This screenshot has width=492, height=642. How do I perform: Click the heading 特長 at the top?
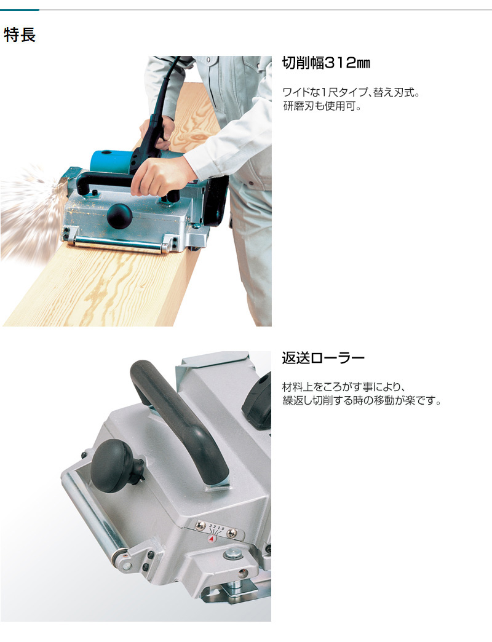pyautogui.click(x=20, y=35)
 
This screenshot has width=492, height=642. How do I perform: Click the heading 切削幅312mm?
pyautogui.click(x=326, y=63)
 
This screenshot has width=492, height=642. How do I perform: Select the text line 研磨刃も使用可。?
pyautogui.click(x=322, y=106)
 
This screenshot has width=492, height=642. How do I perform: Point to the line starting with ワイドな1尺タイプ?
pyautogui.click(x=351, y=92)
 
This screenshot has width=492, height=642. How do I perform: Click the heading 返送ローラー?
pyautogui.click(x=323, y=358)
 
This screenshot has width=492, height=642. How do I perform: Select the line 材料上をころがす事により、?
pyautogui.click(x=344, y=387)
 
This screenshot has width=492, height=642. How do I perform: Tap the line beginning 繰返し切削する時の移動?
pyautogui.click(x=362, y=400)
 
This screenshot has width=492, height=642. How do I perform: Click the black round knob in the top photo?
pyautogui.click(x=119, y=216)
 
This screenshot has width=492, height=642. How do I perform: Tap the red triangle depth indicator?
pyautogui.click(x=212, y=540)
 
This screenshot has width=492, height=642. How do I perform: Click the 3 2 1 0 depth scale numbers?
pyautogui.click(x=217, y=526)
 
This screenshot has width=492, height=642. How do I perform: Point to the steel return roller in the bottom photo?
pyautogui.click(x=94, y=517)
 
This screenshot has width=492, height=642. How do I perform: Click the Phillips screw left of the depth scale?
pyautogui.click(x=200, y=526)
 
